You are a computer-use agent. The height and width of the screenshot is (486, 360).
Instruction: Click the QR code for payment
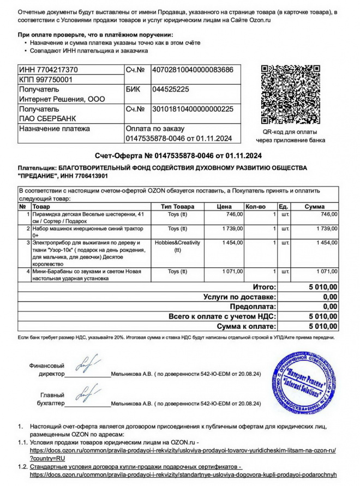pos(290,95)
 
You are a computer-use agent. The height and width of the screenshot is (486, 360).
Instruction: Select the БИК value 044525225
pos(171,89)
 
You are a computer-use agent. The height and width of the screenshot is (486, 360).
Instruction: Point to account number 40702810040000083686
pos(193,70)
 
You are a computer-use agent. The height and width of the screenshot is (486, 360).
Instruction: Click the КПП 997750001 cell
pos(45,80)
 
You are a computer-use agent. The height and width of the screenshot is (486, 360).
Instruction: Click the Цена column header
pos(224,207)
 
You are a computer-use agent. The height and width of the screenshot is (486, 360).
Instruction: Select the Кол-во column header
pos(255,207)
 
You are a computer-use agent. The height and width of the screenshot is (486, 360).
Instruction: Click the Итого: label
pos(265,286)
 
